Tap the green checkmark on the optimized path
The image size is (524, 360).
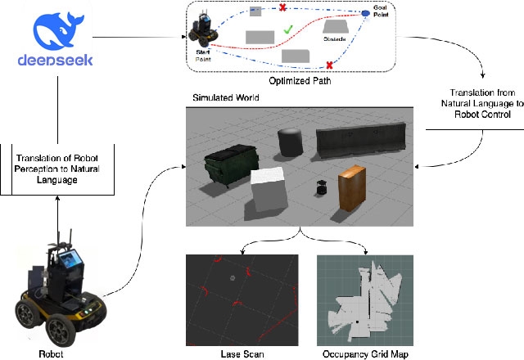(x=287, y=30)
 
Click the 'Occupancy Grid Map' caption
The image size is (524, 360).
(x=365, y=354)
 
